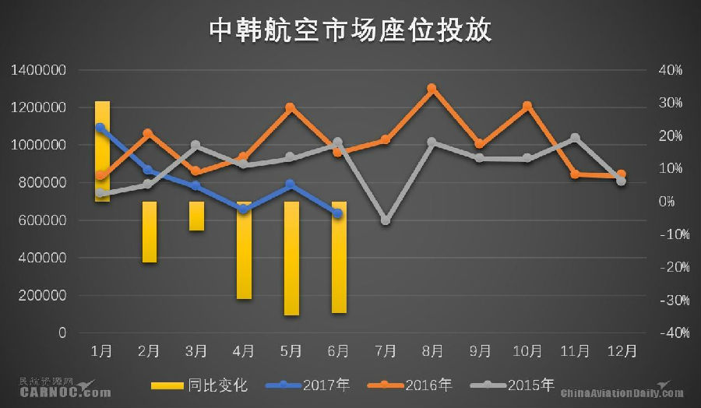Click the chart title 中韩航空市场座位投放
pos(350,30)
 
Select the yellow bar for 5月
pos(291,258)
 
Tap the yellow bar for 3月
pos(196,216)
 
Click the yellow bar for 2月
pos(150,231)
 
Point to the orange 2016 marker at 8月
pos(432,89)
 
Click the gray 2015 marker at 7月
pos(386,220)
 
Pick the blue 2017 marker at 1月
pos(100,127)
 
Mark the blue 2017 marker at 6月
pos(338,213)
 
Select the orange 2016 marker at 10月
pos(527,106)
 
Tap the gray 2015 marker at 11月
pos(575,138)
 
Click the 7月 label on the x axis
pos(386,351)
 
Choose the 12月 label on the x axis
pos(622,351)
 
